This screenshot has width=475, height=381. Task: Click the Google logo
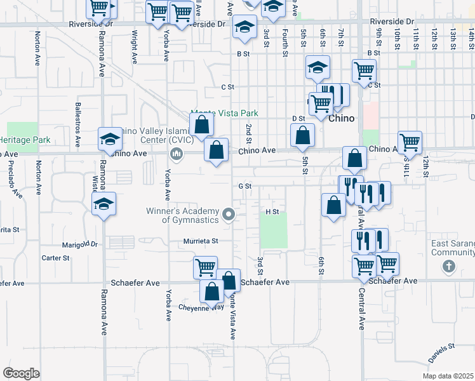pyautogui.click(x=21, y=373)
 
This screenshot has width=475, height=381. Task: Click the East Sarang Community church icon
pyautogui.click(x=448, y=265)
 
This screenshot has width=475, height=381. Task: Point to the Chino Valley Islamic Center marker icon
pyautogui.click(x=176, y=153)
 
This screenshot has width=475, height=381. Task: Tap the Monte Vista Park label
pyautogui.click(x=225, y=113)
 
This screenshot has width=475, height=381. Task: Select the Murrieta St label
pyautogui.click(x=201, y=241)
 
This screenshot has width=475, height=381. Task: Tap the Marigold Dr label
pyautogui.click(x=80, y=244)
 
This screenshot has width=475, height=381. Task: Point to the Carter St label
pyautogui.click(x=55, y=258)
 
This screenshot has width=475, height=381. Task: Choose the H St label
pyautogui.click(x=272, y=211)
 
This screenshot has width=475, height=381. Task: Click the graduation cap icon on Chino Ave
pyautogui.click(x=109, y=140)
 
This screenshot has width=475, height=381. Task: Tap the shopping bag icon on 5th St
pyautogui.click(x=303, y=135)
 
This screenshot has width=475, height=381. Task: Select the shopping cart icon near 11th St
pyautogui.click(x=410, y=142)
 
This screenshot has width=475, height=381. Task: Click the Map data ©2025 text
pyautogui.click(x=447, y=375)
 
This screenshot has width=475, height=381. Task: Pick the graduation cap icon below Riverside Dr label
pyautogui.click(x=243, y=27)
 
